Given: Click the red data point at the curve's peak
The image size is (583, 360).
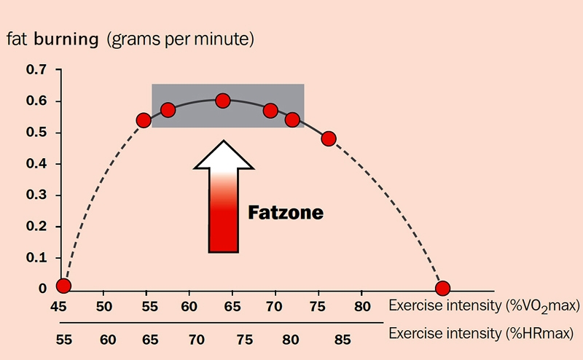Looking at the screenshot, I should [223, 101].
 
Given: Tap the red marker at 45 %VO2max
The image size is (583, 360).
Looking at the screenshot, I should [63, 286].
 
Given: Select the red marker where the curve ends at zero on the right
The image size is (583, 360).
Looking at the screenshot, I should [442, 288].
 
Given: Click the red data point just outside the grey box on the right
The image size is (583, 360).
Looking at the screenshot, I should [329, 138].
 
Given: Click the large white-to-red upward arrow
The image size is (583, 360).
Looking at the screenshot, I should [224, 197].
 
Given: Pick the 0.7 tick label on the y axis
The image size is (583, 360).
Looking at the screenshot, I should [35, 70].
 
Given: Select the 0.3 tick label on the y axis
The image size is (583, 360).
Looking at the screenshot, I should [35, 195].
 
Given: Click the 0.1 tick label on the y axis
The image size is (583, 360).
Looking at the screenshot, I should [35, 258].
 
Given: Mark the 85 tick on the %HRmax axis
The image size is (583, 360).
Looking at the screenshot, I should [343, 339].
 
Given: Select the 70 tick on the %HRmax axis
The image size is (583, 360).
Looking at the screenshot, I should [197, 339].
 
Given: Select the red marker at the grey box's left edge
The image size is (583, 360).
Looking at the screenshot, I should [144, 120].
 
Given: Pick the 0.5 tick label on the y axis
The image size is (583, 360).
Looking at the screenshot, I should [35, 133].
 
